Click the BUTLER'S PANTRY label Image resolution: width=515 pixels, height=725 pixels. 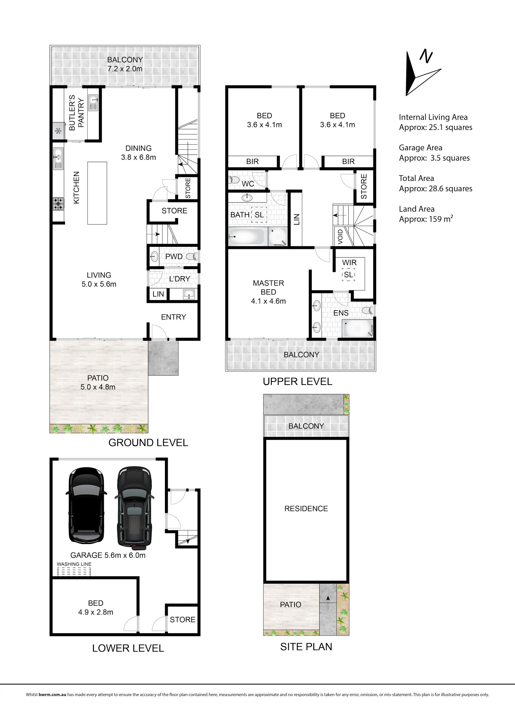point(77,112)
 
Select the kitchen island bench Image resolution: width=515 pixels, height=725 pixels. point(97,193)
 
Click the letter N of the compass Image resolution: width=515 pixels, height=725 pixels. point(425,56)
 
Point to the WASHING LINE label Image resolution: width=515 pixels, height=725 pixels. point(74,564)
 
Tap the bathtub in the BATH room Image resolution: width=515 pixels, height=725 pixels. point(246,236)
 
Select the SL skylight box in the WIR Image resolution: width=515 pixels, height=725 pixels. point(348,274)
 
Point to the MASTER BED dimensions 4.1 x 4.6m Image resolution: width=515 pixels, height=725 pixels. point(268,301)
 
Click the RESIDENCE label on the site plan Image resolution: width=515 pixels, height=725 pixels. point(306,509)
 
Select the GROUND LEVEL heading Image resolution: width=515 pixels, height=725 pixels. point(148,442)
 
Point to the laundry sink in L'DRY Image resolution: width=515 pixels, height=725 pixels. point(190,294)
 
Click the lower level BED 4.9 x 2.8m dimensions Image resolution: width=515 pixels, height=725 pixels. point(96,612)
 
